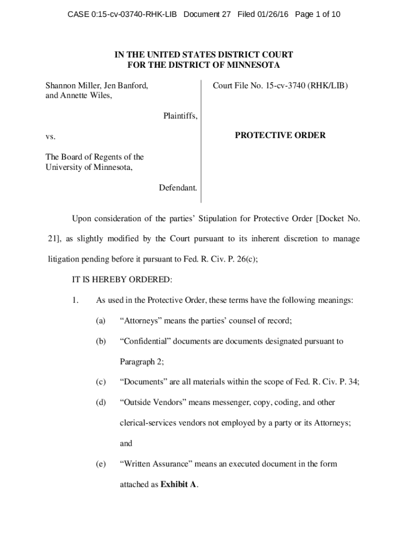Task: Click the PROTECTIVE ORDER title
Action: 280,135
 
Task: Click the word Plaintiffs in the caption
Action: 180,116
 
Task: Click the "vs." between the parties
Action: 50,136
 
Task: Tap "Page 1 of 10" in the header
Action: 317,14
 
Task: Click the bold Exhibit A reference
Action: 179,484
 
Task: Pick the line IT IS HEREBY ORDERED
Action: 122,279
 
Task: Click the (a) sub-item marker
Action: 101,320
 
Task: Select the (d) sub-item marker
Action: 101,402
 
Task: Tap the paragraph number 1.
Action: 75,300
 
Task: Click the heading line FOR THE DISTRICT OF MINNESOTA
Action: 203,65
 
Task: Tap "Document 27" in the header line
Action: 207,14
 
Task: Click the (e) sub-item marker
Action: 101,464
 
